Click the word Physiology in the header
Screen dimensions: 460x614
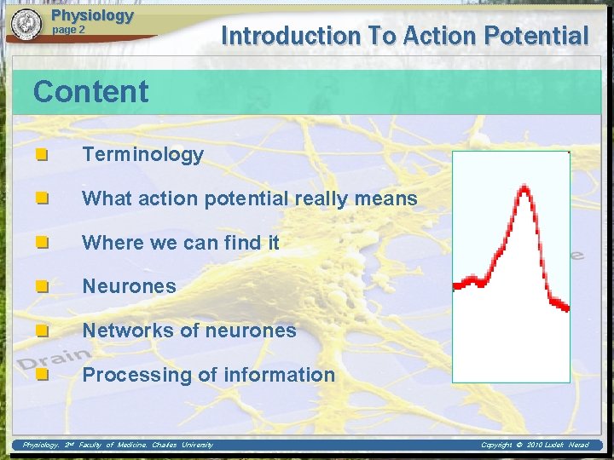[92, 14]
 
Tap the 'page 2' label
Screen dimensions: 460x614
[69, 30]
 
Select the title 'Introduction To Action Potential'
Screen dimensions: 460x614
[404, 36]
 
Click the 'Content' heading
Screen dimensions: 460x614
[90, 92]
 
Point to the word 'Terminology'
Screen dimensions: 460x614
[142, 154]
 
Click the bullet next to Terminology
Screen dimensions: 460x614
[41, 155]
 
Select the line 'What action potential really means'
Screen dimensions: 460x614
[249, 198]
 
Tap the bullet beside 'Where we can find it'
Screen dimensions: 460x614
[41, 243]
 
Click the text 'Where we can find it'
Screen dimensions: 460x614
[180, 243]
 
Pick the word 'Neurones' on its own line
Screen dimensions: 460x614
[129, 286]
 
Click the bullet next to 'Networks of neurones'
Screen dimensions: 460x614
[41, 331]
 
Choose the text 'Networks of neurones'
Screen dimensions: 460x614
[188, 331]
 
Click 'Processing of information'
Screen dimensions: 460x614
[208, 375]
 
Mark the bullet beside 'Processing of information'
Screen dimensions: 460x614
[41, 375]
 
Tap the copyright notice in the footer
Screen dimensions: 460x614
[535, 445]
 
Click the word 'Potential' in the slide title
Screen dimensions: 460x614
[535, 36]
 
